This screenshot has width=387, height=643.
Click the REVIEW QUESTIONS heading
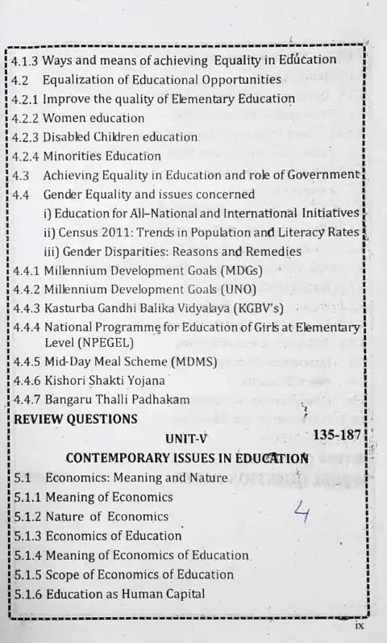click(x=76, y=419)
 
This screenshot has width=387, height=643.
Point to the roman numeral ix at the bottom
click(x=360, y=624)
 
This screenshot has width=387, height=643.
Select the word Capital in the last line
click(x=183, y=594)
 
